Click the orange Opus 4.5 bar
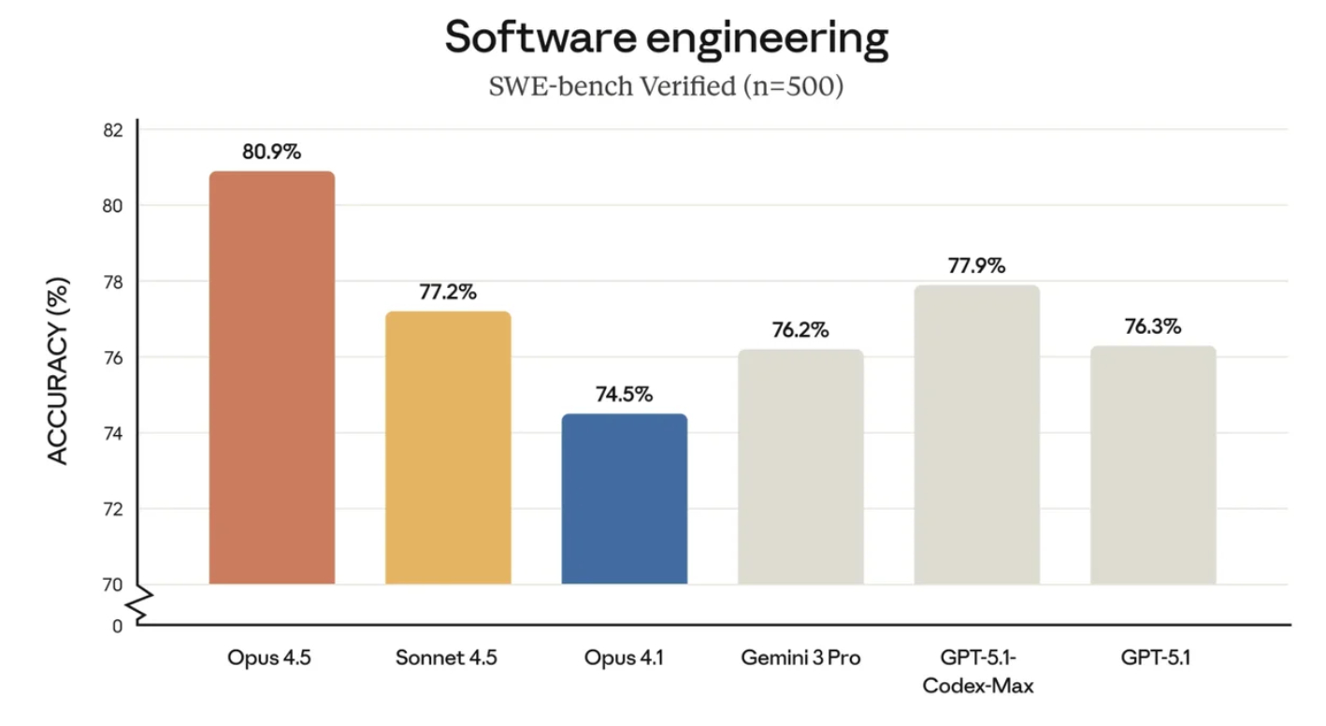pyautogui.click(x=271, y=378)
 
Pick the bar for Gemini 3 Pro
pyautogui.click(x=800, y=467)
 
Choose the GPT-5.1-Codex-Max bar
pyautogui.click(x=976, y=434)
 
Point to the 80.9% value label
pyautogui.click(x=271, y=152)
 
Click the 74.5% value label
pyautogui.click(x=624, y=395)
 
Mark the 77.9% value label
pyautogui.click(x=976, y=266)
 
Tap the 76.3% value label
pyautogui.click(x=1152, y=327)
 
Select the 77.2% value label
pyautogui.click(x=448, y=292)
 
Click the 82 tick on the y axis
pyautogui.click(x=112, y=130)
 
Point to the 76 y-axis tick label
pyautogui.click(x=112, y=357)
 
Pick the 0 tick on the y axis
pyautogui.click(x=118, y=626)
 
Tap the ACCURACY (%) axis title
pyautogui.click(x=58, y=370)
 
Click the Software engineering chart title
pyautogui.click(x=666, y=39)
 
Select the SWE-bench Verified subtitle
pyautogui.click(x=666, y=88)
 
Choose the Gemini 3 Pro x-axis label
pyautogui.click(x=800, y=658)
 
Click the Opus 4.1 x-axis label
pyautogui.click(x=624, y=658)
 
